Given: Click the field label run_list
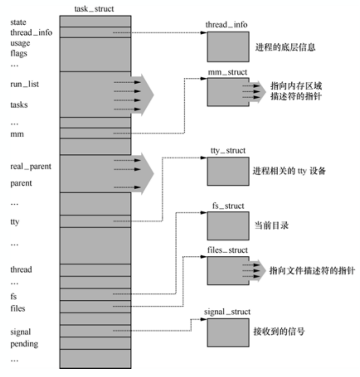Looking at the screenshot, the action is pos(22,84).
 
